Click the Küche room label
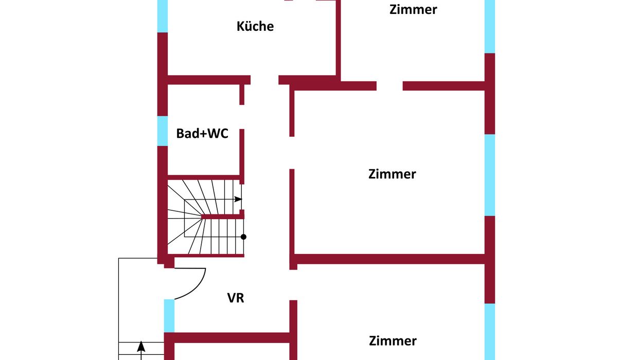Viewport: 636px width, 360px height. pyautogui.click(x=255, y=26)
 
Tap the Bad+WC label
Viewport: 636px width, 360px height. pyautogui.click(x=202, y=134)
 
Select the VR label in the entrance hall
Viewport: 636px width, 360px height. pyautogui.click(x=236, y=298)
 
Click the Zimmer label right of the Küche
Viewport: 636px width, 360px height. pyautogui.click(x=413, y=9)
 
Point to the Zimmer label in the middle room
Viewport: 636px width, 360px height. pyautogui.click(x=392, y=174)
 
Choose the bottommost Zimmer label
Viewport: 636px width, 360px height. pyautogui.click(x=393, y=340)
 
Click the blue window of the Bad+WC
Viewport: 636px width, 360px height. pyautogui.click(x=163, y=131)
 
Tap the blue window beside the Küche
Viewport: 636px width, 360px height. pyautogui.click(x=163, y=16)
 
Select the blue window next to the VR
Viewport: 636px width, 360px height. pyautogui.click(x=169, y=315)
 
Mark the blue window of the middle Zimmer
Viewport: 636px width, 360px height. pyautogui.click(x=490, y=175)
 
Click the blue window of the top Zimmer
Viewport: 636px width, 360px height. pyautogui.click(x=490, y=26)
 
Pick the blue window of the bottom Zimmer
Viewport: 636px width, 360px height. pyautogui.click(x=490, y=331)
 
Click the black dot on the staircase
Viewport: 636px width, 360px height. pyautogui.click(x=243, y=237)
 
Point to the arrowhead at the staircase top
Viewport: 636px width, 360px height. pyautogui.click(x=238, y=199)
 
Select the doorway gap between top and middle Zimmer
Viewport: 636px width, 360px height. pyautogui.click(x=390, y=86)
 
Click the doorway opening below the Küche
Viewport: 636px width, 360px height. pyautogui.click(x=264, y=80)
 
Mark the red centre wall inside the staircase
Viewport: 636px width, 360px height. pyautogui.click(x=222, y=217)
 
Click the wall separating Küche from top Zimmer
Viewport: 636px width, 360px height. pyautogui.click(x=338, y=39)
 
